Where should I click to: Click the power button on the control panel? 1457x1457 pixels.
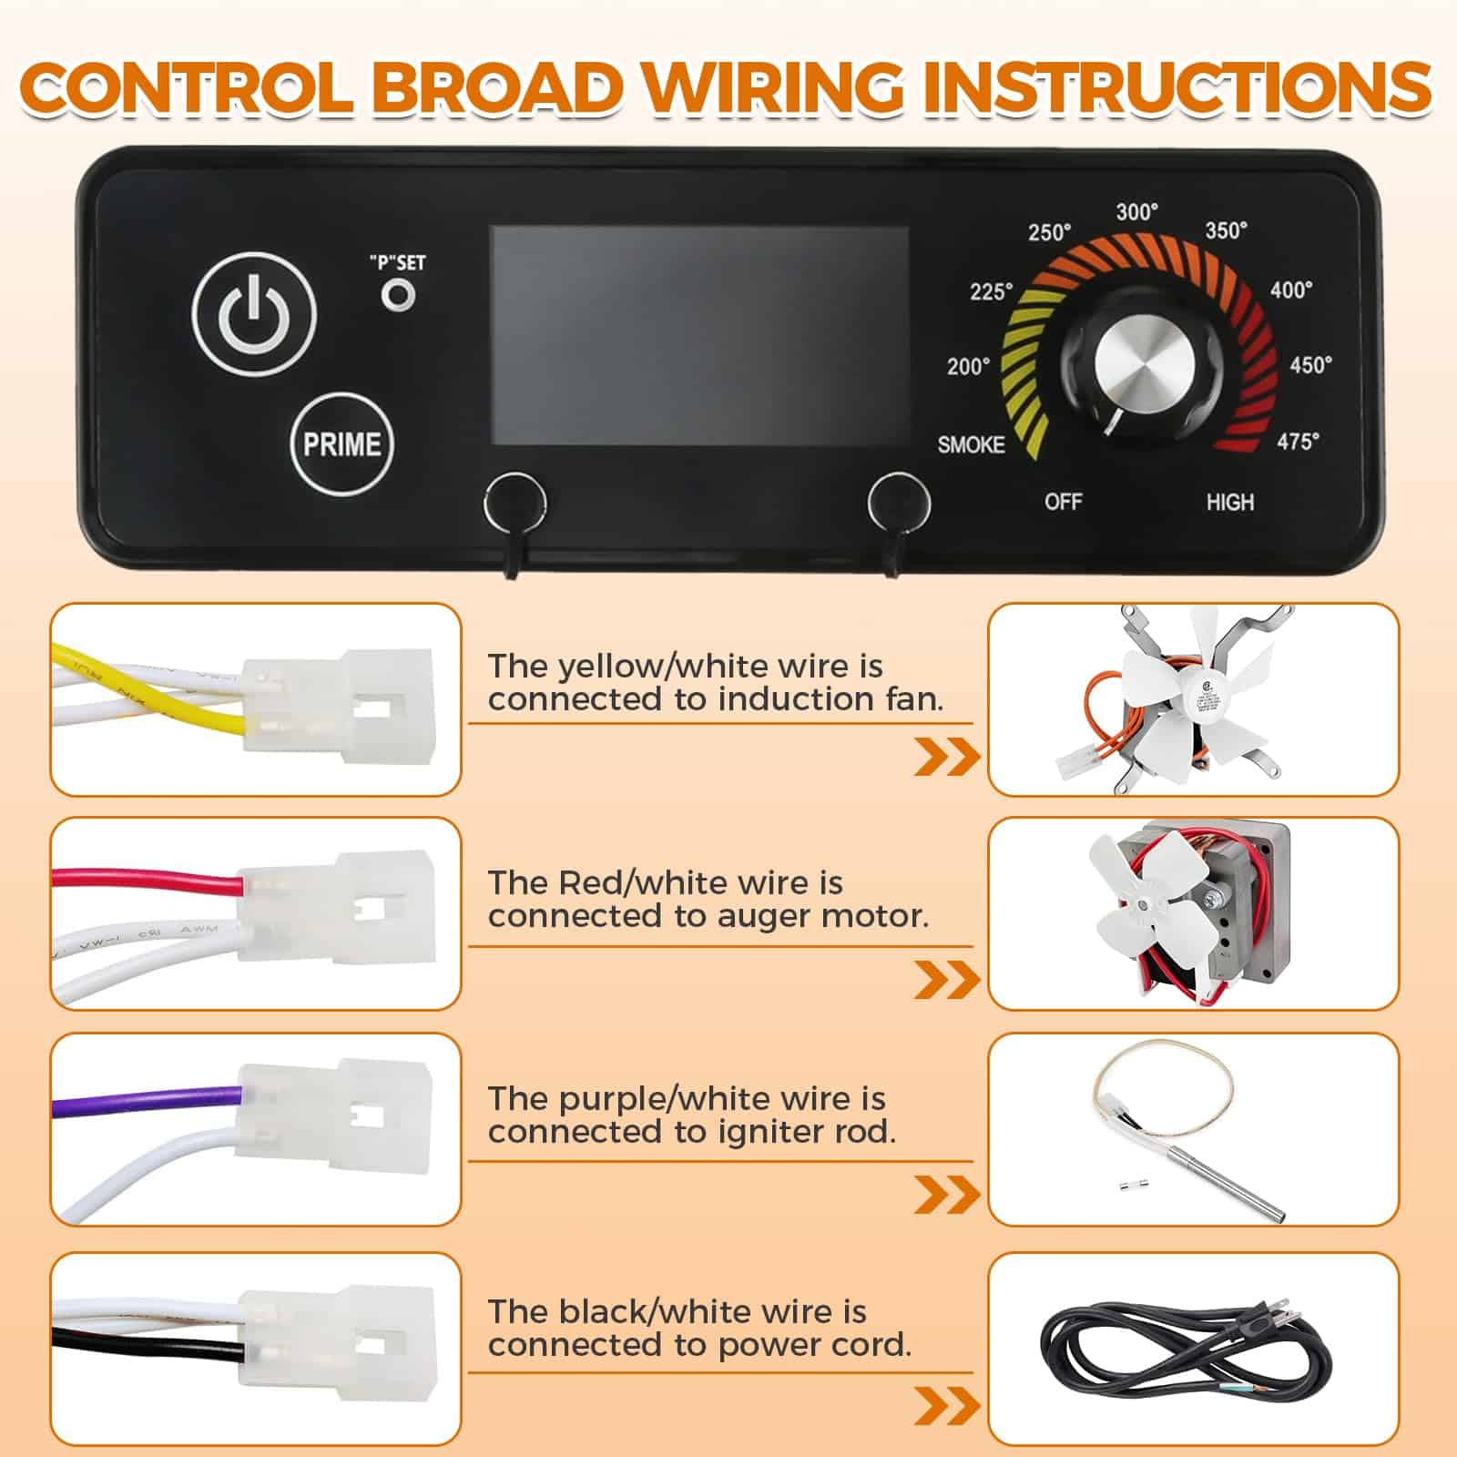click(x=254, y=315)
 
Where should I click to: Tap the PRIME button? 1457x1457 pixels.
click(x=342, y=444)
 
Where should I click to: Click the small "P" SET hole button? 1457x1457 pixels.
click(x=398, y=295)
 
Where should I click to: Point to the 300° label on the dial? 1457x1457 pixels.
click(x=1137, y=212)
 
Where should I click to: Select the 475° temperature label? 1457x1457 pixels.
click(x=1298, y=442)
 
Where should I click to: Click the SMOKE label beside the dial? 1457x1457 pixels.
click(x=972, y=444)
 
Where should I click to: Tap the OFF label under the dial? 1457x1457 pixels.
click(x=1064, y=502)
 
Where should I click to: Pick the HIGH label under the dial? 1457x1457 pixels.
click(x=1230, y=502)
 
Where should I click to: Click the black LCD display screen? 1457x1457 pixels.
click(x=699, y=335)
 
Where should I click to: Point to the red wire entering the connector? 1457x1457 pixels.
click(x=146, y=881)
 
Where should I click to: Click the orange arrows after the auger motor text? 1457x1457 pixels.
click(x=947, y=980)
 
